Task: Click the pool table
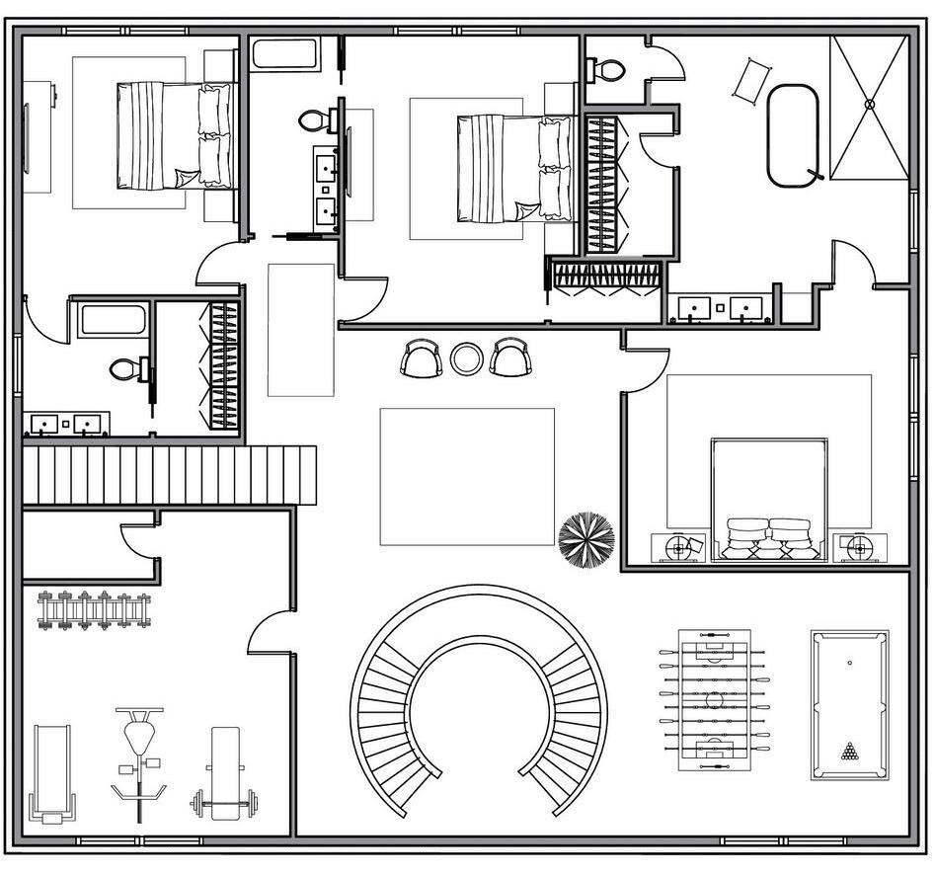click(849, 704)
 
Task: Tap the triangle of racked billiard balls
click(849, 753)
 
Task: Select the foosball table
click(715, 700)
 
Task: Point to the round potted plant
click(586, 539)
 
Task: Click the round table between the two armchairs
click(466, 358)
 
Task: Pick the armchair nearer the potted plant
click(510, 358)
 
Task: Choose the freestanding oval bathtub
click(793, 135)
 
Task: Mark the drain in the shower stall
click(870, 104)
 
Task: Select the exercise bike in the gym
click(139, 760)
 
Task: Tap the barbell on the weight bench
click(225, 802)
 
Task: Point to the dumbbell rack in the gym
click(94, 609)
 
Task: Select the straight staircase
click(168, 475)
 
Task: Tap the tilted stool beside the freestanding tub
click(751, 80)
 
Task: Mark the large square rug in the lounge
click(467, 476)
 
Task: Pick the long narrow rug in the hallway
click(301, 330)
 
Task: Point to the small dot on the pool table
click(849, 663)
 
